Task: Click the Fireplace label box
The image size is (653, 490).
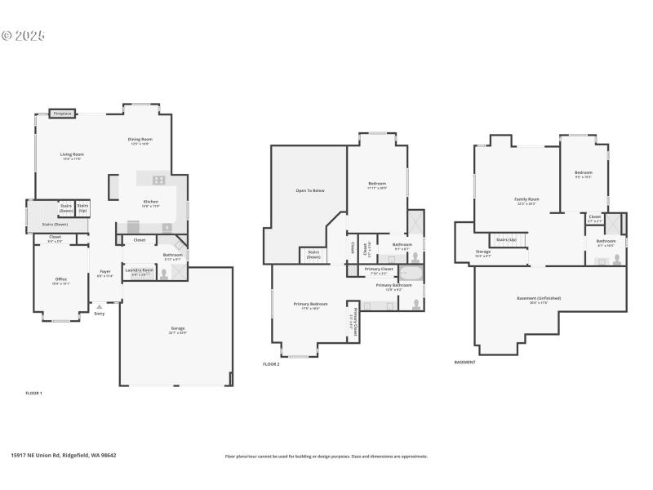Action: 62,114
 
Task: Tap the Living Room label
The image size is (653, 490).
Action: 72,154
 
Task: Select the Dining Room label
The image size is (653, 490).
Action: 140,140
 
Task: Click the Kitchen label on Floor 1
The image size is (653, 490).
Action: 151,202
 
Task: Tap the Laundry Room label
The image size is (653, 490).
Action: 140,270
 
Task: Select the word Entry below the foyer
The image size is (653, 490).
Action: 100,314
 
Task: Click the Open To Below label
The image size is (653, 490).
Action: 310,190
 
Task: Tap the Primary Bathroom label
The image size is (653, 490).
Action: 394,285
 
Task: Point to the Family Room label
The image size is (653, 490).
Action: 526,199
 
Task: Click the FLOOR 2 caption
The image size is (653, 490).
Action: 271,363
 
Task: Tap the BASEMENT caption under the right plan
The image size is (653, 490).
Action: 464,362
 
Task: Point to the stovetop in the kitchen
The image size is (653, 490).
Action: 158,180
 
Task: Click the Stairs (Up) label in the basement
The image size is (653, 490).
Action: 507,239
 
